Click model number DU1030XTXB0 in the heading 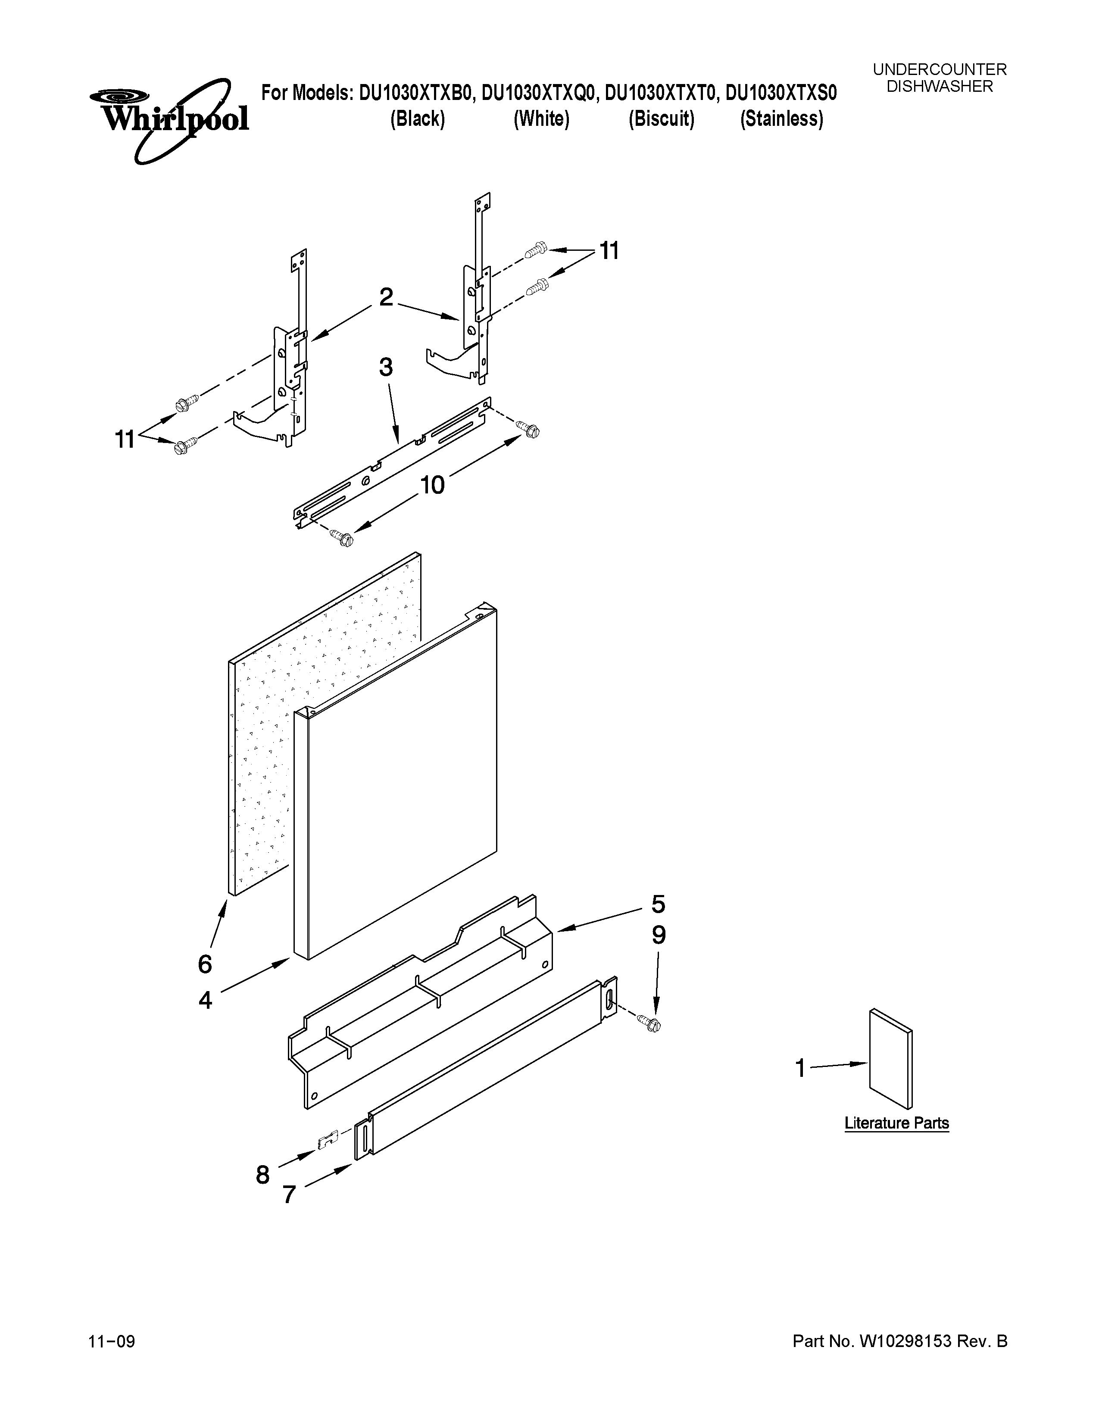tap(414, 94)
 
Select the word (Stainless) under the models tap(781, 119)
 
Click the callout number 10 tap(432, 484)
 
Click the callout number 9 tap(658, 936)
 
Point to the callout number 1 tap(801, 1069)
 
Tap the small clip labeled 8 tap(328, 1139)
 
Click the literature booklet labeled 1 tap(890, 1059)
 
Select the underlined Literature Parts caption tap(896, 1123)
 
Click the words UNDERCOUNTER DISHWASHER tap(940, 78)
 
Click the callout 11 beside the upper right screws tap(609, 251)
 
